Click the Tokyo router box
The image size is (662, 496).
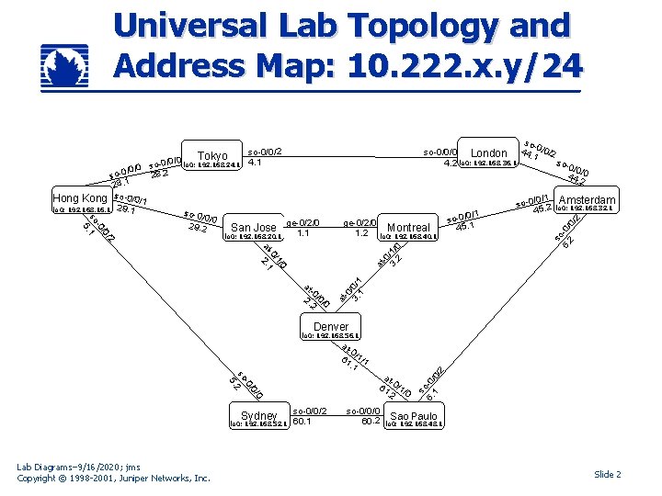click(212, 158)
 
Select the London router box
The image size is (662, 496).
click(488, 156)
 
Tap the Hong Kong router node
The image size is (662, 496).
click(81, 201)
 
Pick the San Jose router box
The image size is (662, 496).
click(253, 230)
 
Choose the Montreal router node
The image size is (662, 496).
click(409, 230)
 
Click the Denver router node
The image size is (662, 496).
click(331, 329)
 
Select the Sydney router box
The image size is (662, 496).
click(258, 419)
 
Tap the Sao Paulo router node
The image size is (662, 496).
click(413, 419)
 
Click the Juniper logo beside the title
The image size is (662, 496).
click(68, 65)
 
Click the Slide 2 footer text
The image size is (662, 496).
click(608, 474)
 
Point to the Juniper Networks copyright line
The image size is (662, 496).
click(114, 478)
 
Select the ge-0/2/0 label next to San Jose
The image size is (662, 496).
click(303, 221)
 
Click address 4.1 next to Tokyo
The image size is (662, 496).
click(255, 163)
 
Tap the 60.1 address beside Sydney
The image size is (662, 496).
click(301, 422)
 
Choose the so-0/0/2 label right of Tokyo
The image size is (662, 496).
click(264, 151)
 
